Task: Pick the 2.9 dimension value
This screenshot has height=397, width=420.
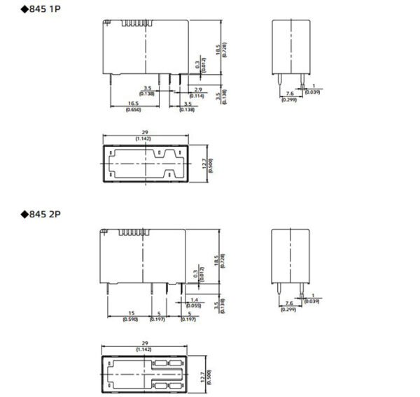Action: pos(198,89)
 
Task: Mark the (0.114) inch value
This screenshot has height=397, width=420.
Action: pos(198,95)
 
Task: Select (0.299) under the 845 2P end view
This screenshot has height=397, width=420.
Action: pos(288,310)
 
